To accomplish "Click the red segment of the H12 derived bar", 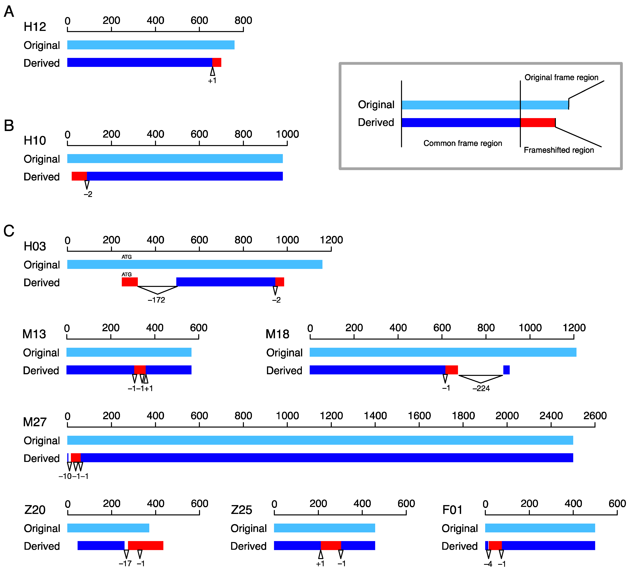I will click(x=217, y=62).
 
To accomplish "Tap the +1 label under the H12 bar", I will click(x=212, y=81).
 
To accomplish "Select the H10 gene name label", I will click(x=35, y=140).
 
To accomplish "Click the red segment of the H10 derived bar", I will click(x=79, y=176).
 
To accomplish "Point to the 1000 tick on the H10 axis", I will click(x=287, y=134).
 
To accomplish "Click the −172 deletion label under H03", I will click(x=156, y=300).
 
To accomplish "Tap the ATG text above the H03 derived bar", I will click(x=127, y=274).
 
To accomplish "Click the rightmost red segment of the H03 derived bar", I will click(x=280, y=282).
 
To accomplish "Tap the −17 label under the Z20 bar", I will click(x=125, y=563).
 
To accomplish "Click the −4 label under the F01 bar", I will click(x=488, y=564).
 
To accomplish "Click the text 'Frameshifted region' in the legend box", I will click(x=559, y=150).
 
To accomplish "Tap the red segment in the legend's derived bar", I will click(x=538, y=123).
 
